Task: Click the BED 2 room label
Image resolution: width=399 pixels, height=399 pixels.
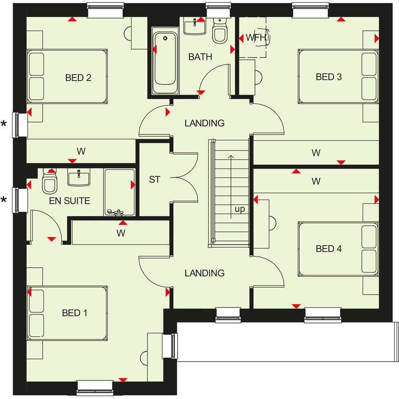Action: click(78, 78)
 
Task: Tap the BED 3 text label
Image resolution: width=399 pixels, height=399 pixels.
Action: click(329, 76)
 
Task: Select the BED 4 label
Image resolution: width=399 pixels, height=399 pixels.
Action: click(329, 249)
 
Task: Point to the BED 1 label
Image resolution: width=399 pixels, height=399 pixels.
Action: click(74, 313)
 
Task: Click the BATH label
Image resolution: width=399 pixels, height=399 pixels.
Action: click(200, 57)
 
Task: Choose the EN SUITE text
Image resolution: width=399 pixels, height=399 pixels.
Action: click(70, 201)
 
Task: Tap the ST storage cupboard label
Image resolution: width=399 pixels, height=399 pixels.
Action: click(154, 179)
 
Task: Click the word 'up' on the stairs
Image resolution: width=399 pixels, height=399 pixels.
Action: click(239, 209)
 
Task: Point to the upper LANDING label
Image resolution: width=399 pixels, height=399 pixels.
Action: click(204, 123)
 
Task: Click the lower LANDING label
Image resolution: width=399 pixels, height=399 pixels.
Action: click(204, 273)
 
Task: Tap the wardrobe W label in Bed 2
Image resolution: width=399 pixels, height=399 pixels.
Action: click(81, 152)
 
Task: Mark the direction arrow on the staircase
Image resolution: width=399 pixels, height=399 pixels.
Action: click(231, 185)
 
